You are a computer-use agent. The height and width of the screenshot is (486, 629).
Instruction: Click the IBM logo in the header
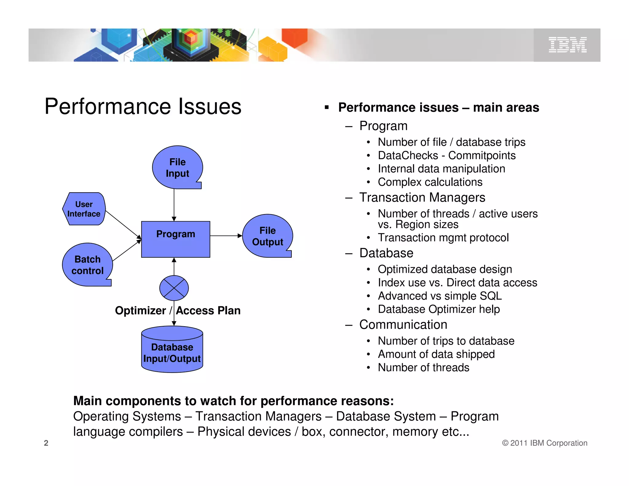(x=567, y=45)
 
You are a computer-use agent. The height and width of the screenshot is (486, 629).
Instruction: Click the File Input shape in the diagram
(x=177, y=167)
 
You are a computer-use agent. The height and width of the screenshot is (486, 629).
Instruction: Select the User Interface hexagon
(x=84, y=209)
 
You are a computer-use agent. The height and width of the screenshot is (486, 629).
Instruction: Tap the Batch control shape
(x=87, y=265)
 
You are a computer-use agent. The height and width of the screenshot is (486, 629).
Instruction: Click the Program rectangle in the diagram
(x=175, y=239)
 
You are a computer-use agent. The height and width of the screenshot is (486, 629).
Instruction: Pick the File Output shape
(x=267, y=236)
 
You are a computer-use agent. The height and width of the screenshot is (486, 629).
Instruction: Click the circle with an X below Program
(x=174, y=288)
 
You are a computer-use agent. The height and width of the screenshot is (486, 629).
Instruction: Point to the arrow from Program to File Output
(x=226, y=236)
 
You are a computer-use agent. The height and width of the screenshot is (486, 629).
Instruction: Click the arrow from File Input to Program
(x=174, y=204)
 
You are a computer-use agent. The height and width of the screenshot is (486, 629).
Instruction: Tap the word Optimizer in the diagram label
(x=140, y=311)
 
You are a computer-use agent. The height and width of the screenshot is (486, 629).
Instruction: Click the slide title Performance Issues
(x=143, y=107)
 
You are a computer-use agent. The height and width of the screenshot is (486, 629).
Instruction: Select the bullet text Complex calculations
(x=430, y=182)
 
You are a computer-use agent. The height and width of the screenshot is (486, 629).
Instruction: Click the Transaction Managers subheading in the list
(x=422, y=198)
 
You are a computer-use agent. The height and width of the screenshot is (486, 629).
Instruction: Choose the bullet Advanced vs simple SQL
(x=440, y=296)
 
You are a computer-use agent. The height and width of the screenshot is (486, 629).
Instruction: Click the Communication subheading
(x=403, y=325)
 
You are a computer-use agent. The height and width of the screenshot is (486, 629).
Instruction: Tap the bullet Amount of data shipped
(x=436, y=354)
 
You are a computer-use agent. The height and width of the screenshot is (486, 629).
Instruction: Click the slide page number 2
(x=46, y=443)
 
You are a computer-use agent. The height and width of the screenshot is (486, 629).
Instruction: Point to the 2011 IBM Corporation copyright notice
(x=545, y=443)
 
